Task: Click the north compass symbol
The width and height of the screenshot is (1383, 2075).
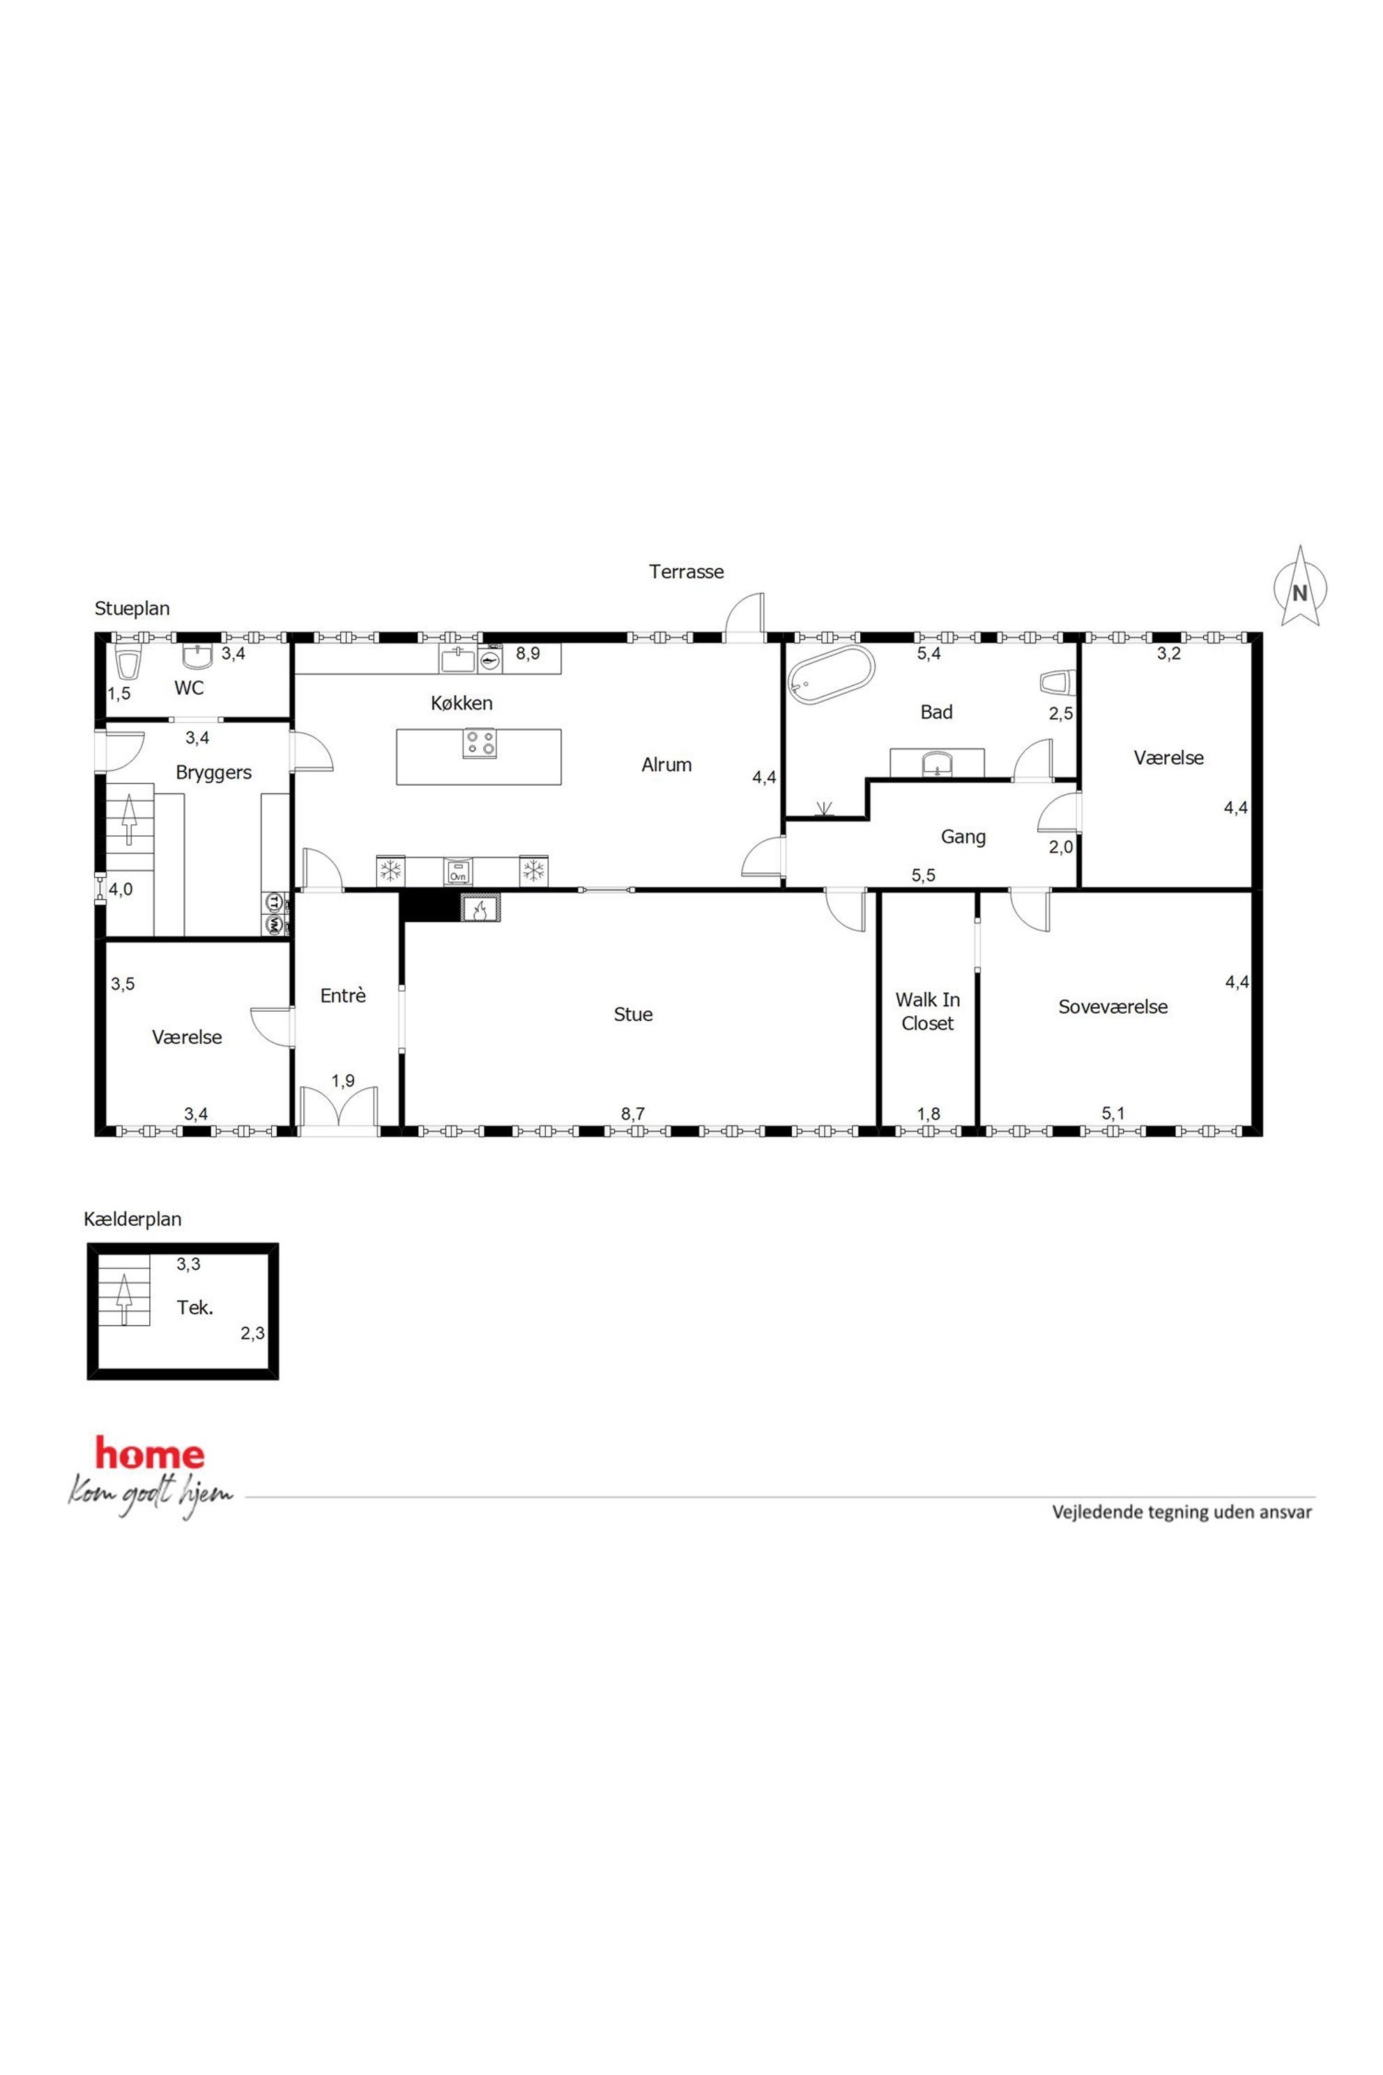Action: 1300,586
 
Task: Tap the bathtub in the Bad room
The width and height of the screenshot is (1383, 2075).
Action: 832,676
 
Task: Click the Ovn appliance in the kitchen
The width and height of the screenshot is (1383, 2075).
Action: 457,871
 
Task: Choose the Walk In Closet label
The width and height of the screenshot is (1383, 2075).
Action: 928,1011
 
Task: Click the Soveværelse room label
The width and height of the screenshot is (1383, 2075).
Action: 1113,1007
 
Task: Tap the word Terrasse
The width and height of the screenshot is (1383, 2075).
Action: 686,572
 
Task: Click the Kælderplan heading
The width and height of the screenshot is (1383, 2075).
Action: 132,1219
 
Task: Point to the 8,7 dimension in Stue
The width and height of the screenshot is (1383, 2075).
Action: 632,1114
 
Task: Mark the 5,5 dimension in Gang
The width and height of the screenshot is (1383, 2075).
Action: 924,875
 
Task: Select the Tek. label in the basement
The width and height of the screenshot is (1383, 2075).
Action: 195,1307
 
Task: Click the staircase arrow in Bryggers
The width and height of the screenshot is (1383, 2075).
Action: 129,819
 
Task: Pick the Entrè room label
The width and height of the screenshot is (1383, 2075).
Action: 343,995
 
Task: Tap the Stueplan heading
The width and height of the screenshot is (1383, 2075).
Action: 132,609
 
